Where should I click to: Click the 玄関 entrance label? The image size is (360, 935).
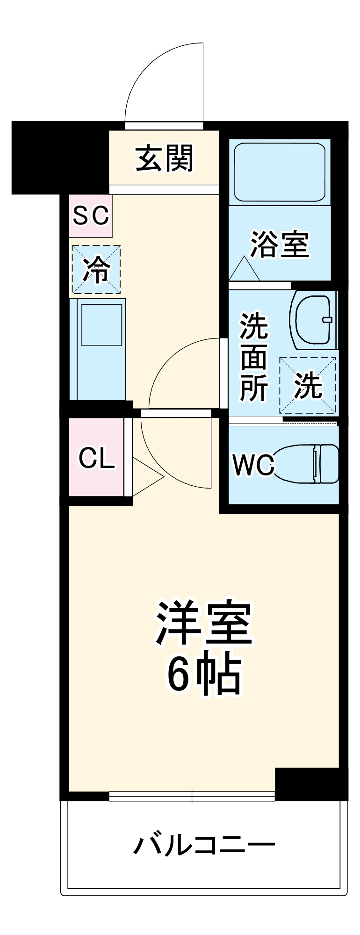coord(164,158)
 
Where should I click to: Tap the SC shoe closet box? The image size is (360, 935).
coord(91,216)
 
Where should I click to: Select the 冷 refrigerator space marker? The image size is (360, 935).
coord(96,270)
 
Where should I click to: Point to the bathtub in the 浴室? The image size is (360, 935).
coord(280,172)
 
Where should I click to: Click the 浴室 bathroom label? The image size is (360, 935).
coord(280,244)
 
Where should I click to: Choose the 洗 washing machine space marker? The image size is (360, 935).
coord(308,385)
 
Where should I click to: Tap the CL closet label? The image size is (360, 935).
coord(96,458)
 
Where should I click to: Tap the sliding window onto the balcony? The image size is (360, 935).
coord(192,796)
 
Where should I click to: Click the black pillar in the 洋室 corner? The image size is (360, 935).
coord(310,784)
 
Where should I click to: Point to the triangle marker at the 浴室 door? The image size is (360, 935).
coord(244,269)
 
